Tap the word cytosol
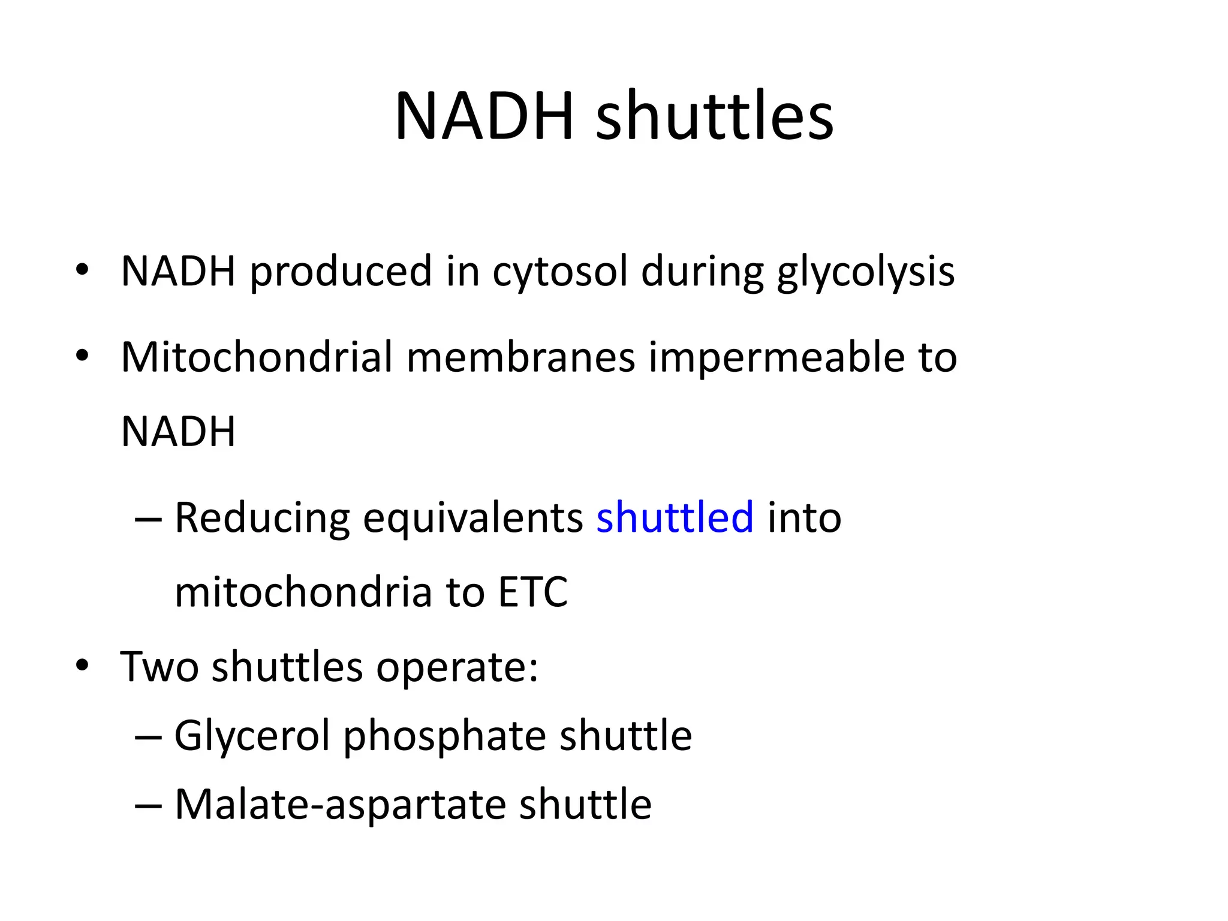click(560, 272)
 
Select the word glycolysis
click(865, 272)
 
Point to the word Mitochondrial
click(257, 357)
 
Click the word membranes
click(520, 357)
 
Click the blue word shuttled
click(675, 517)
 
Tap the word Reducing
click(262, 518)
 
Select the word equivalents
click(473, 518)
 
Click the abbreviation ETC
click(532, 592)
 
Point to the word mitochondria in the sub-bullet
click(303, 592)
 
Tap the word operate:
click(457, 667)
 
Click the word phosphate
click(444, 736)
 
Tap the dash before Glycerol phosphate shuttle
click(148, 737)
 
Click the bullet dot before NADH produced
click(82, 270)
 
